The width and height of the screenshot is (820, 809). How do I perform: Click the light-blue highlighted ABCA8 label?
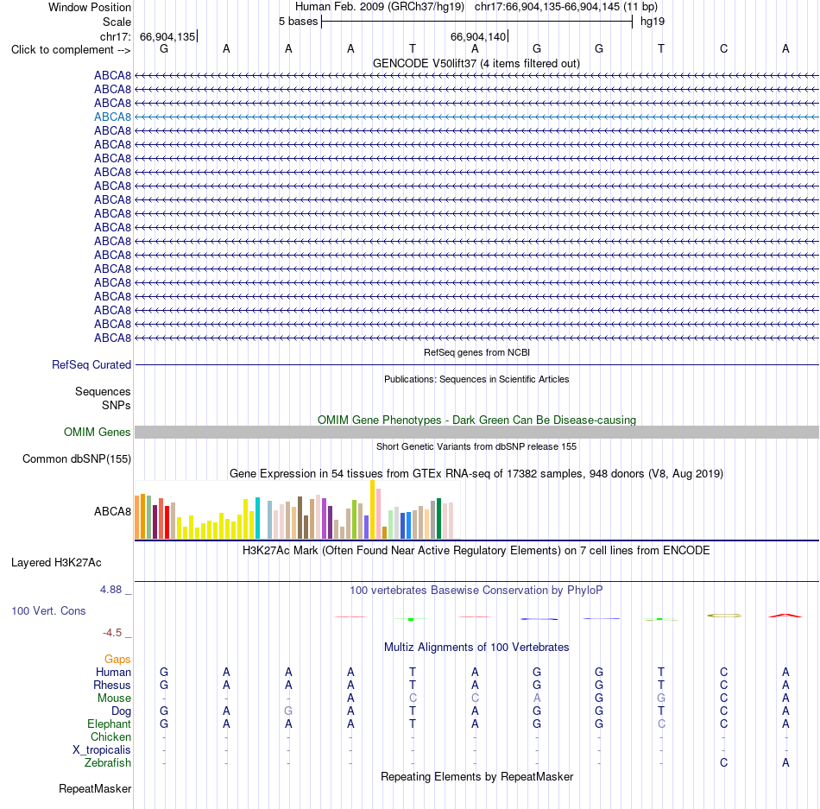point(112,117)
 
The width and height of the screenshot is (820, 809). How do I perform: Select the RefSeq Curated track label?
point(91,364)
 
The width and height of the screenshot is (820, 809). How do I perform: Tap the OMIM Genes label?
point(98,432)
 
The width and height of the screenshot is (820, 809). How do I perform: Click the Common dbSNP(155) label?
point(77,458)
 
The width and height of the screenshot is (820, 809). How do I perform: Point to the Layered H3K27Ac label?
point(56,562)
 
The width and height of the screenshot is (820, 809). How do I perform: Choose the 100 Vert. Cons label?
point(48,610)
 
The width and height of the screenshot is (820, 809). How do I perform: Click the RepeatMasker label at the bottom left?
point(95,788)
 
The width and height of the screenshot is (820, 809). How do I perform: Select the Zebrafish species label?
point(108,762)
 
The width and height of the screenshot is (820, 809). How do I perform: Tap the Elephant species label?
point(110,724)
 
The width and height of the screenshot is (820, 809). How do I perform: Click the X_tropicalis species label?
point(102,750)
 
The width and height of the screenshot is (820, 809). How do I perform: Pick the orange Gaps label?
point(117,659)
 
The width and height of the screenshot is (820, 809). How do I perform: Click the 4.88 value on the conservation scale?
point(110,590)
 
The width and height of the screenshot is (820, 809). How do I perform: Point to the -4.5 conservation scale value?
point(112,633)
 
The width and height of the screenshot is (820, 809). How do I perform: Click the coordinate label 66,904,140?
point(478,36)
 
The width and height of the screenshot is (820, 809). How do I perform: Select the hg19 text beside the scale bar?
point(653,22)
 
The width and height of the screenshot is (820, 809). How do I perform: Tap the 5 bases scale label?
point(298,22)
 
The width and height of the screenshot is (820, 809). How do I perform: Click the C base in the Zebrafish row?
point(724,762)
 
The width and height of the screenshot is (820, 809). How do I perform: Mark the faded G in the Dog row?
point(288,711)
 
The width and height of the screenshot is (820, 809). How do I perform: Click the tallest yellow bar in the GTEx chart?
point(372,509)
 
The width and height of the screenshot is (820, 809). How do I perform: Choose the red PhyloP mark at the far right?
point(785,616)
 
